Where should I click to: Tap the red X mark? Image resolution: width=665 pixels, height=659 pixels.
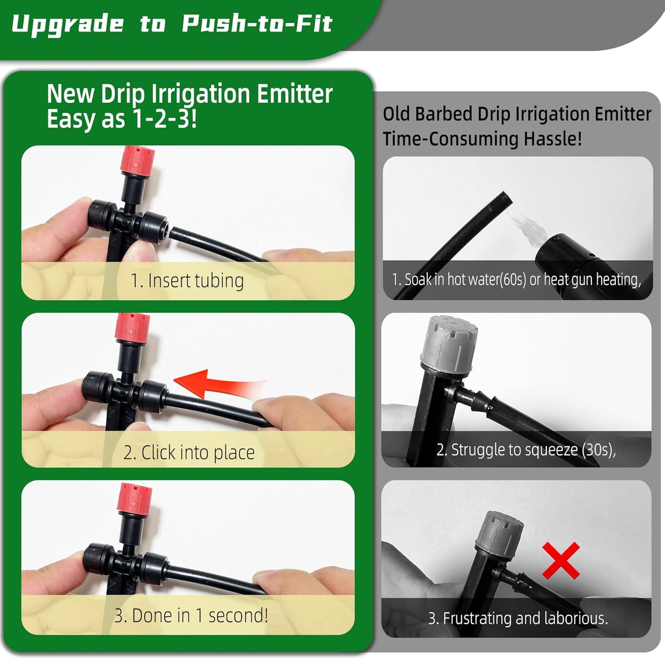tap(561, 560)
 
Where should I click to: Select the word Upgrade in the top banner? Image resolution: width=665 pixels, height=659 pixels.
tap(68, 24)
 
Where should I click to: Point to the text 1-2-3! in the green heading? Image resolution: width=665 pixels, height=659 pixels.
tap(164, 120)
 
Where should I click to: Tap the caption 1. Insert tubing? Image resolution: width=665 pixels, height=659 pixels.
tap(187, 280)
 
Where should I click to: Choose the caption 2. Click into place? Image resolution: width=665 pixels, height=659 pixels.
tap(189, 452)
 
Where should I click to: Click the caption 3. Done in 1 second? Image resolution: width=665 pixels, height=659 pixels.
tap(191, 615)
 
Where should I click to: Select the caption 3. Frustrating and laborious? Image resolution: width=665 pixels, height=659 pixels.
tap(518, 618)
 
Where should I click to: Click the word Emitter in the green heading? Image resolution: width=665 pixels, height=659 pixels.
tap(295, 94)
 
